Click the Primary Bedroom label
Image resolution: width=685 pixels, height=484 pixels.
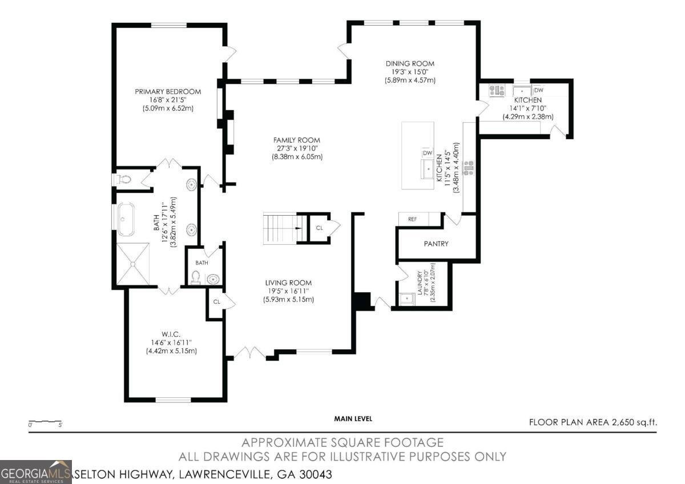pos(168,91)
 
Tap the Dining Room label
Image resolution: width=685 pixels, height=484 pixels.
pos(410,64)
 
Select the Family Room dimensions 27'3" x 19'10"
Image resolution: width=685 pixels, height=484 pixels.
pos(296,148)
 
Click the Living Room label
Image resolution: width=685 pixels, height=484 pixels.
pos(288,283)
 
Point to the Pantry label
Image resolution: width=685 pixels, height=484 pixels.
pos(436,244)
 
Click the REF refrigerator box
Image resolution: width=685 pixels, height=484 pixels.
pos(413,219)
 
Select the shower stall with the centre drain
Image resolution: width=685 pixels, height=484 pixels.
pos(133,263)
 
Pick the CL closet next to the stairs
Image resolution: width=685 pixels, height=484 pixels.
pos(319,228)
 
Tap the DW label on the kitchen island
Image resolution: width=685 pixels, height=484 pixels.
pos(427,153)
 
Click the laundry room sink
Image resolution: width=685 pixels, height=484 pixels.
pos(406,299)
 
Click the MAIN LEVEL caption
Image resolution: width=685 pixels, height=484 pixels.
pos(353,418)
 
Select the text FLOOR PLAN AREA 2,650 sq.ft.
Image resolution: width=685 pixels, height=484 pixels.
pos(593,422)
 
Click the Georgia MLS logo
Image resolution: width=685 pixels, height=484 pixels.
pos(36,472)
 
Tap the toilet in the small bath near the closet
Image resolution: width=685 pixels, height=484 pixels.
pos(196,278)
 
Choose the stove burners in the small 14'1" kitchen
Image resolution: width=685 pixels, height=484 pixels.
pos(497,90)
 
